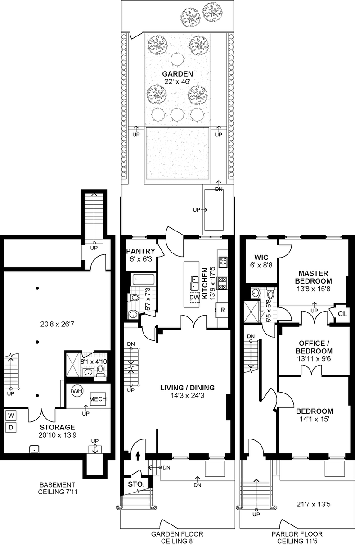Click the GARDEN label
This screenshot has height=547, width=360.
pyautogui.click(x=177, y=73)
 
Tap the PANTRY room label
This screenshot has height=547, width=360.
pyautogui.click(x=140, y=251)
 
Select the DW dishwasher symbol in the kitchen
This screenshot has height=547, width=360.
pyautogui.click(x=194, y=297)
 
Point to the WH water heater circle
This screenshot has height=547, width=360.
pyautogui.click(x=77, y=391)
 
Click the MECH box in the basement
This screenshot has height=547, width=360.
pyautogui.click(x=98, y=399)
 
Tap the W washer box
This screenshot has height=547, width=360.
pyautogui.click(x=11, y=415)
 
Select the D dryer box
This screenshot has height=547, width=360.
pyautogui.click(x=11, y=427)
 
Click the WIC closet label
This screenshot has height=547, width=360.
pyautogui.click(x=261, y=257)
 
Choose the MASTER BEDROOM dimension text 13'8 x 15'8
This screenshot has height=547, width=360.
pyautogui.click(x=313, y=289)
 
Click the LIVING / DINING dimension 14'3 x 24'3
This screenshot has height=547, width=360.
pyautogui.click(x=187, y=395)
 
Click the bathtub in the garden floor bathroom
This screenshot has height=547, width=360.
pyautogui.click(x=143, y=280)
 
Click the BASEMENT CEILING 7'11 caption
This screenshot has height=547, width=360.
pyautogui.click(x=58, y=488)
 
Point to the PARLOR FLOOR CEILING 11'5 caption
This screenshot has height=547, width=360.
pyautogui.click(x=297, y=538)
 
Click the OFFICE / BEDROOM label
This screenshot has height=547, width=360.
pyautogui.click(x=314, y=347)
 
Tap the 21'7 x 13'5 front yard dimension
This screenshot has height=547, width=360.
pyautogui.click(x=313, y=504)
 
